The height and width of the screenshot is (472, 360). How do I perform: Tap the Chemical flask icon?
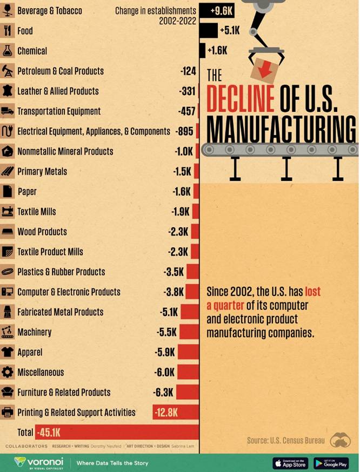[8, 51]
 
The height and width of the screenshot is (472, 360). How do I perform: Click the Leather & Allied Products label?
[58, 91]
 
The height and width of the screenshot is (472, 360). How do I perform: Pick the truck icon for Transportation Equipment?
[8, 111]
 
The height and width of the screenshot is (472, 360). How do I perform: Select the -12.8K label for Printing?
[165, 413]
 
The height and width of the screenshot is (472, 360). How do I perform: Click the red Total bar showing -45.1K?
[117, 432]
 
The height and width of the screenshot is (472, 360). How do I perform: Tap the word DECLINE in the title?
[241, 97]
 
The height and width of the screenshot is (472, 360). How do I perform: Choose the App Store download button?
[290, 463]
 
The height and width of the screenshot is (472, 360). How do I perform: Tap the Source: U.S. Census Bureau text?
[286, 440]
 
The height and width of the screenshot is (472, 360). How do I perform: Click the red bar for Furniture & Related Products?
[188, 392]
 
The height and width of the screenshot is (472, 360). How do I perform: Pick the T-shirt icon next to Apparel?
[8, 352]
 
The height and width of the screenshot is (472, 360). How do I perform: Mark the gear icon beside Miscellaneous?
[8, 372]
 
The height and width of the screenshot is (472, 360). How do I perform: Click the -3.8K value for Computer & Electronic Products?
[174, 292]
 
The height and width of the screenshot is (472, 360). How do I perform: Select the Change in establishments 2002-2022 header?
[156, 16]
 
